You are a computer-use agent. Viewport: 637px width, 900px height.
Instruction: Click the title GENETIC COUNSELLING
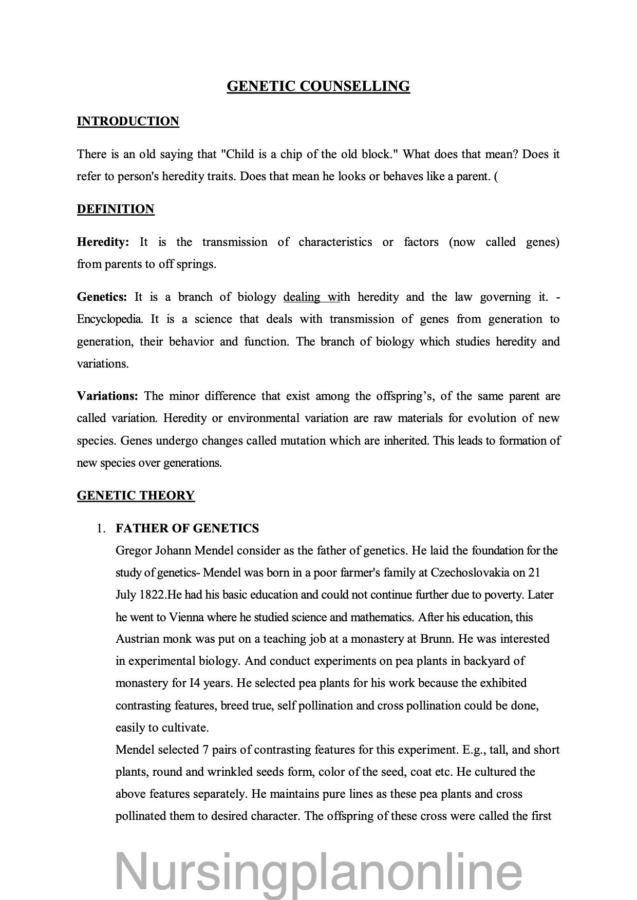(318, 86)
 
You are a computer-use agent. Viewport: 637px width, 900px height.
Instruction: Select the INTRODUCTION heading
(128, 121)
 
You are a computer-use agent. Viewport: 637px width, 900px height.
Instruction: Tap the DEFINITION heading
(116, 209)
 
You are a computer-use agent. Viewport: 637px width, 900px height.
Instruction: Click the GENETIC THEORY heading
(136, 495)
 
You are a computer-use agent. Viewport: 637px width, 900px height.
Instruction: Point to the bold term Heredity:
(103, 242)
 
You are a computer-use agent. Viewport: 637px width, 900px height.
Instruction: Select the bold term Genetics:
(102, 297)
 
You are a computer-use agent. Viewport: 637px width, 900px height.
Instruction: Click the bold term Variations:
(107, 396)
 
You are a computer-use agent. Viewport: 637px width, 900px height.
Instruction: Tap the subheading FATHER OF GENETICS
(187, 528)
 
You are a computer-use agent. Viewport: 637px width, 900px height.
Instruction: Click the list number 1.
(101, 529)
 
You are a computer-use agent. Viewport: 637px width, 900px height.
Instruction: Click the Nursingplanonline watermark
(318, 871)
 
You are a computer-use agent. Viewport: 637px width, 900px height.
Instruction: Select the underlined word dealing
(301, 297)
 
